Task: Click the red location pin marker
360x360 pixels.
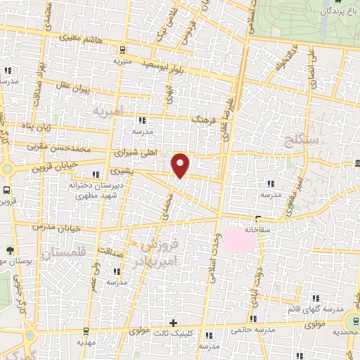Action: [181, 165]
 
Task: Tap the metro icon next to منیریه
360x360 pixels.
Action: [122, 50]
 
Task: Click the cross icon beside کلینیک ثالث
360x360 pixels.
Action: [174, 324]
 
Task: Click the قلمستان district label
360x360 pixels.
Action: [63, 255]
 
